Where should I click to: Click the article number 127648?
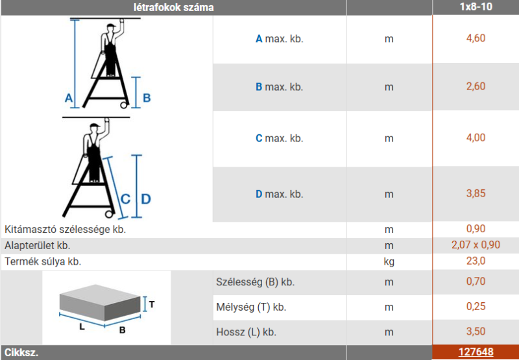coord(476,352)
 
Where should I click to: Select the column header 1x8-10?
coord(476,6)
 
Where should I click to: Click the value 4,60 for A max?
coord(476,38)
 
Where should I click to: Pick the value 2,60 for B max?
coord(476,86)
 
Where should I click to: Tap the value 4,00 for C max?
coord(476,138)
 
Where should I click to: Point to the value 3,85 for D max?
coord(476,193)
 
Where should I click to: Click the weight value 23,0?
coord(476,261)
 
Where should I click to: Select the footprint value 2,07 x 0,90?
coord(476,245)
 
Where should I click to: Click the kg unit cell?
coord(389,262)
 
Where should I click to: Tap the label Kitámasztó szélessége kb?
coord(66,230)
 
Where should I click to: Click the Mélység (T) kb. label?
coord(251,307)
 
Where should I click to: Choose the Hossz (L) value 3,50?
coord(476,331)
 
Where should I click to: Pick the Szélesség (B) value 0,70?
coord(476,282)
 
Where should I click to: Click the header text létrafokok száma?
coord(174,7)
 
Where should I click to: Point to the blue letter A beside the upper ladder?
coord(69,98)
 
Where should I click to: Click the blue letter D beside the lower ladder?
coord(145,199)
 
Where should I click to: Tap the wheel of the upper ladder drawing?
coord(124,105)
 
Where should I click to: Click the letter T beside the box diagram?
coord(152,304)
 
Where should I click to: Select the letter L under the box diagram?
coord(82,327)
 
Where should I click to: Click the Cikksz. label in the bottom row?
coord(21,353)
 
